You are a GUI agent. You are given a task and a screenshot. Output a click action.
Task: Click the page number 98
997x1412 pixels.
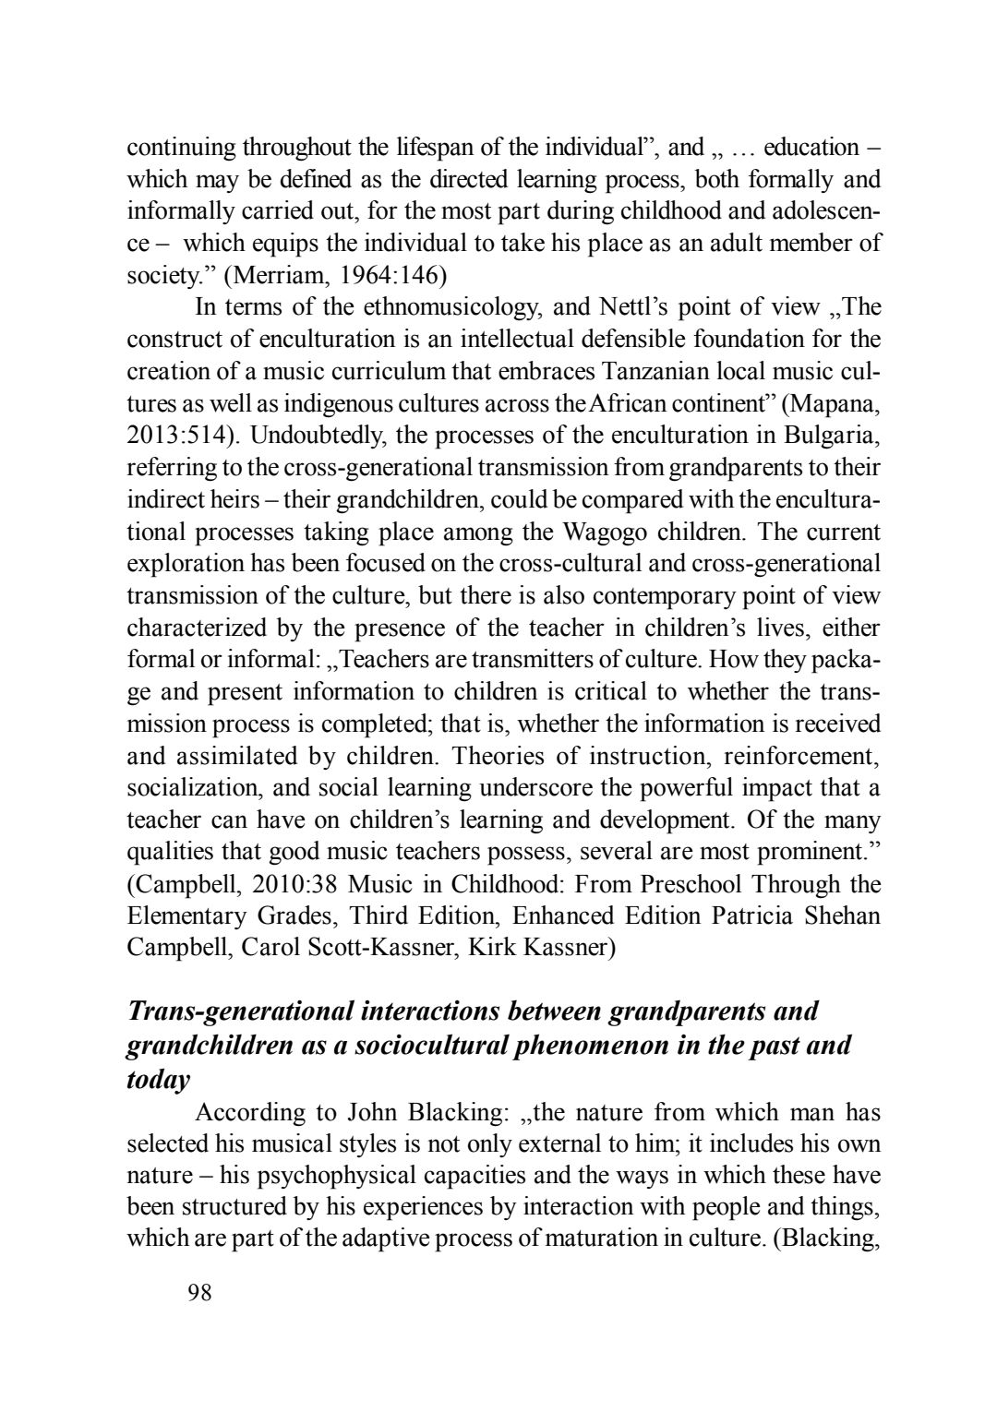[x=199, y=1293]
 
